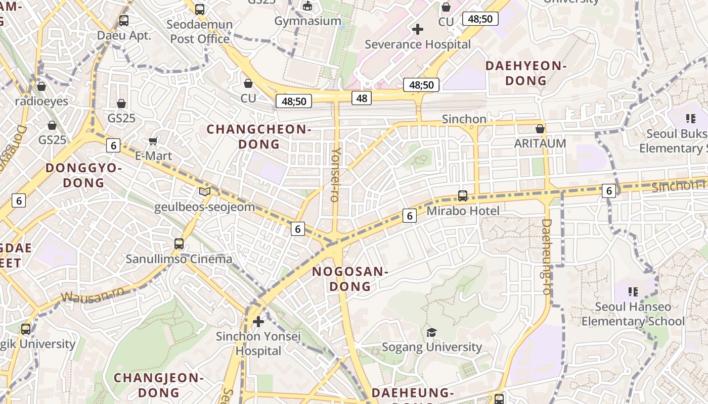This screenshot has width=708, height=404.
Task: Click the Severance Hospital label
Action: pyautogui.click(x=417, y=44)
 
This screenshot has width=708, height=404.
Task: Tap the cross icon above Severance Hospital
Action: pyautogui.click(x=417, y=29)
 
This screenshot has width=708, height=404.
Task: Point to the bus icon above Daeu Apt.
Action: pyautogui.click(x=124, y=21)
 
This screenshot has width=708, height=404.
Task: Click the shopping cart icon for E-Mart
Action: pyautogui.click(x=153, y=141)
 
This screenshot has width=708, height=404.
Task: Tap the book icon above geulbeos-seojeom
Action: pyautogui.click(x=204, y=191)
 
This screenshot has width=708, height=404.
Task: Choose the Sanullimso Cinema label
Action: pyautogui.click(x=179, y=260)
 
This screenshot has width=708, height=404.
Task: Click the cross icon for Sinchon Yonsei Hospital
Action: pyautogui.click(x=258, y=321)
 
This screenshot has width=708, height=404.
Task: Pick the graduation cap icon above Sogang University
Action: pyautogui.click(x=431, y=332)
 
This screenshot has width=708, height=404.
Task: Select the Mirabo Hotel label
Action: pyautogui.click(x=463, y=211)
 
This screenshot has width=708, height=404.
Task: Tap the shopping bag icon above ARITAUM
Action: pyautogui.click(x=540, y=129)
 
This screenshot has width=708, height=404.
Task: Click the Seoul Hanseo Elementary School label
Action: pyautogui.click(x=633, y=314)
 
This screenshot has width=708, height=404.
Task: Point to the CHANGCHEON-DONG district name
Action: pyautogui.click(x=259, y=137)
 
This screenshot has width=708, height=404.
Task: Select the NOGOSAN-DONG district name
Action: pyautogui.click(x=350, y=279)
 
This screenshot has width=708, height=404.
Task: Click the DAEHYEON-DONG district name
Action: pyautogui.click(x=526, y=73)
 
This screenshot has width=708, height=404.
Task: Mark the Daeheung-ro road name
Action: pyautogui.click(x=546, y=257)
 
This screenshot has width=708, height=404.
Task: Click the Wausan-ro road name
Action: pyautogui.click(x=93, y=294)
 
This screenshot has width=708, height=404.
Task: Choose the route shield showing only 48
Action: pyautogui.click(x=362, y=98)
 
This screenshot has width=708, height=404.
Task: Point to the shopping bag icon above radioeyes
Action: pyautogui.click(x=41, y=86)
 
